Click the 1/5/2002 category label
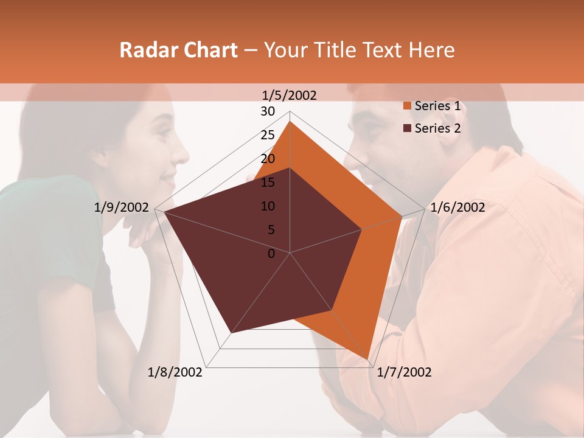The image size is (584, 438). click(290, 95)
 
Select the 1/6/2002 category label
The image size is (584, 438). click(457, 207)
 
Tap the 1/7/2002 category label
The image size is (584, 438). click(404, 372)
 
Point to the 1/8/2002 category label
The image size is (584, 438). click(175, 372)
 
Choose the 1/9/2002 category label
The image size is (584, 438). click(122, 207)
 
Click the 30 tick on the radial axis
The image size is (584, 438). click(268, 111)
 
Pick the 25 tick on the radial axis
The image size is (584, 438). click(268, 135)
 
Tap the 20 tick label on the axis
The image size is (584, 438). click(268, 159)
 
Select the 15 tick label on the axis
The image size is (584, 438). click(268, 182)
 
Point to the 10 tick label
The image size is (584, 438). click(268, 206)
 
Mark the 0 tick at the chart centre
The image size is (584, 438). click(271, 254)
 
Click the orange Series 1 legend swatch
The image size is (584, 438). click(406, 106)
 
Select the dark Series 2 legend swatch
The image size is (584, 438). click(406, 128)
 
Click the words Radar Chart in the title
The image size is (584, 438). click(178, 50)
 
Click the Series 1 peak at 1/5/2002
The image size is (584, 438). click(290, 122)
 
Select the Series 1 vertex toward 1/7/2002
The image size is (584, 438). click(367, 358)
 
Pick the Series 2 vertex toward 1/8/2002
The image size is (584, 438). click(232, 333)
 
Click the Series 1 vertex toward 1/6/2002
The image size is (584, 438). click(402, 216)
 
